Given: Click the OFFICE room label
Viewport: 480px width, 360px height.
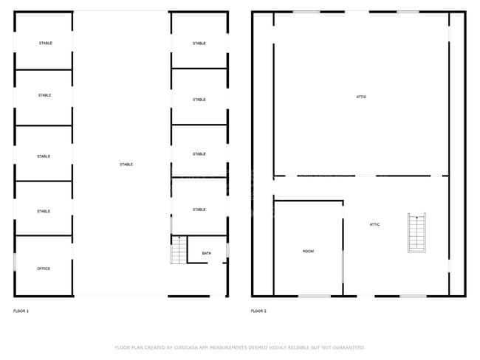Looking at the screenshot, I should coord(44,269).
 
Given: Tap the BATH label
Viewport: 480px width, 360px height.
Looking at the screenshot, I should coord(207,254).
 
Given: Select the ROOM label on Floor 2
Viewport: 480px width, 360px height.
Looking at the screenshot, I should coord(308,252).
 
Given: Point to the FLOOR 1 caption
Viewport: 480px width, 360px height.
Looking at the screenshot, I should coord(21,311).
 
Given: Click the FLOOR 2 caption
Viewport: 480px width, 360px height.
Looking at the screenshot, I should coord(258,311).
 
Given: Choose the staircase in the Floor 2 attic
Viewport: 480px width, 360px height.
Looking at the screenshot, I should coord(416,232).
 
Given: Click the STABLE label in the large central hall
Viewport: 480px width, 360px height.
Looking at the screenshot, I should coord(126,165).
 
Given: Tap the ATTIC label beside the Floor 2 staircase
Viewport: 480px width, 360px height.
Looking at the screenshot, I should coord(375,224).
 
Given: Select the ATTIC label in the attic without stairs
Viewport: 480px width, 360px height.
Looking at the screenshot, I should coord(361,97).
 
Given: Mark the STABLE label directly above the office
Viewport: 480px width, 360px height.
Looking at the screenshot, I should coord(44,212).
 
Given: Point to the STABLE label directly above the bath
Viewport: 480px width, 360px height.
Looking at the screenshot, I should coord(199,210).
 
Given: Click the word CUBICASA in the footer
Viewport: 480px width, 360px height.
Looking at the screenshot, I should coord(191,347).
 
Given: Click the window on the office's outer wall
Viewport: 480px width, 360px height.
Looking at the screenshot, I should coord(15,261).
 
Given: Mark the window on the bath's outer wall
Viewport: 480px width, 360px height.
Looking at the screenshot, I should coord(227,251).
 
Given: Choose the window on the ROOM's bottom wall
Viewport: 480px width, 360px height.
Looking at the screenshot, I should coord(314,296).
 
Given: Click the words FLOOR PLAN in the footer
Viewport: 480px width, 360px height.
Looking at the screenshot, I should coord(130,347).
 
